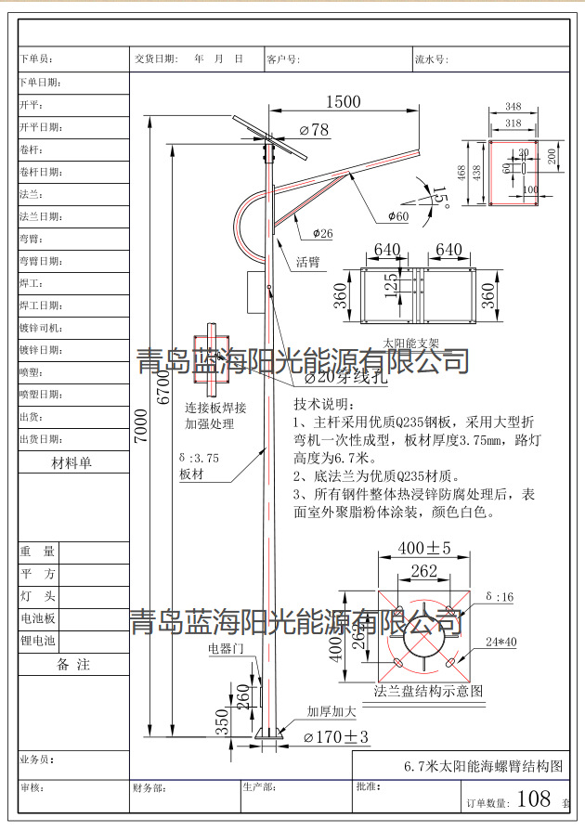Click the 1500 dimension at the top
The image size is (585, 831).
coord(342,103)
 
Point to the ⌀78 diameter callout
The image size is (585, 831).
coord(313,130)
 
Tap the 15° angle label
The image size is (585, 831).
coord(438,198)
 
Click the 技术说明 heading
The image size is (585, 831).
coord(324,405)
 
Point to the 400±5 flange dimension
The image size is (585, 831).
coord(424,548)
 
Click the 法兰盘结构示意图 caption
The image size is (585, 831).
coord(428,691)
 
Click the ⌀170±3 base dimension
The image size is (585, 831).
coord(336,737)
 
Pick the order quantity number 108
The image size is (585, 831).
coord(534,799)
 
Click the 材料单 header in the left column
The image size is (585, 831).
coord(73,462)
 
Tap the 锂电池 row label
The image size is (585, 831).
coord(38,641)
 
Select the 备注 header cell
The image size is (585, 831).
coord(73,665)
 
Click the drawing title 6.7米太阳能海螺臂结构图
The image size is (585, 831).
coord(484,767)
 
